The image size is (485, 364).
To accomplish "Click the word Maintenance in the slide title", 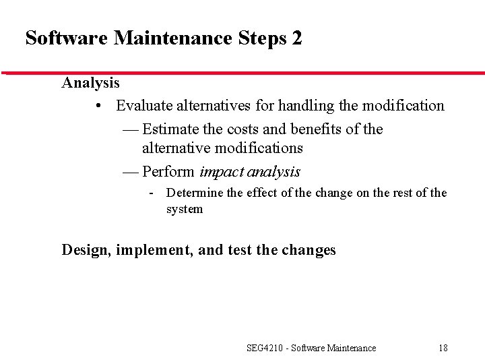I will [173, 38].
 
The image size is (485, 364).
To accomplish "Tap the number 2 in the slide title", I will [297, 38].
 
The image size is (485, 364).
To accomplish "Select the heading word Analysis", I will [90, 83].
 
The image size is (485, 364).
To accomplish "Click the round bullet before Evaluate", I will [99, 107].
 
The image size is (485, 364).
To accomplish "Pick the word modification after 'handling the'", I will [403, 106].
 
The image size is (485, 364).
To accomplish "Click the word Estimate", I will [170, 129].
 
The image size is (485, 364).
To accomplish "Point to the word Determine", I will [195, 193].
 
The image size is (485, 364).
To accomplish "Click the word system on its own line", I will [185, 209].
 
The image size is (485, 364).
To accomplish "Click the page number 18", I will [443, 348].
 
